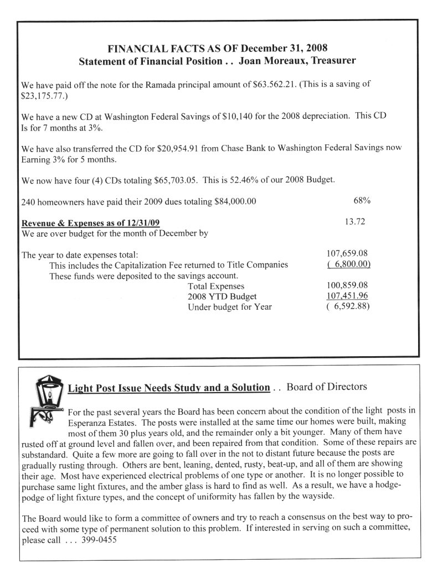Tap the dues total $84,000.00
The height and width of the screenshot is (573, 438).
coord(235,201)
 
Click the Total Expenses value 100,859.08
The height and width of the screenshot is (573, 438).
coord(348,285)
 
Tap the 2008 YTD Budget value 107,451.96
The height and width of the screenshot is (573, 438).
coord(348,296)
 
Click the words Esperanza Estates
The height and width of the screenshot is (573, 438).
coord(100,423)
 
